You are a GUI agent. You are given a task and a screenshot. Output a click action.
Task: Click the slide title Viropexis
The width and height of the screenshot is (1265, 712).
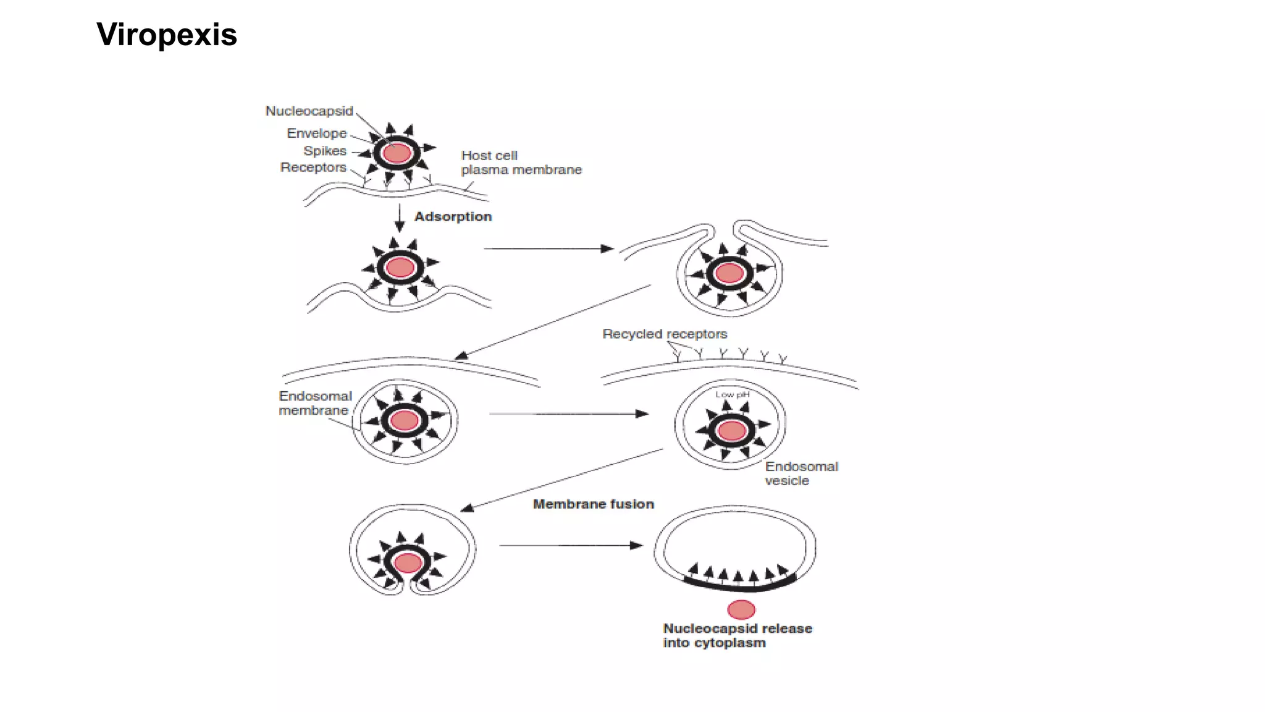(167, 35)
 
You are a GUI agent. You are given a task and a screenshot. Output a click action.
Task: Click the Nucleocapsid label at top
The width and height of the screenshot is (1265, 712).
(309, 111)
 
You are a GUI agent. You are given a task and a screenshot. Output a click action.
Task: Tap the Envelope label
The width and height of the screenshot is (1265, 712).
(316, 133)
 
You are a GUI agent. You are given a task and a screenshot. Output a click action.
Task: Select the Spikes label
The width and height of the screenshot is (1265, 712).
(325, 151)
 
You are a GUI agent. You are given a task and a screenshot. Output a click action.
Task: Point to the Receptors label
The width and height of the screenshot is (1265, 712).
(313, 167)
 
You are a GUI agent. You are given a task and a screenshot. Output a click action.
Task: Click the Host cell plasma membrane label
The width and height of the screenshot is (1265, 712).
(521, 163)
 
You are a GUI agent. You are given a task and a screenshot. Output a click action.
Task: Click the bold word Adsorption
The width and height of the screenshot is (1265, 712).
(453, 217)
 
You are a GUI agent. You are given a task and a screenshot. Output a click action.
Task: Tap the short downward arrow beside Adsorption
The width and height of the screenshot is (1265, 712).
(400, 218)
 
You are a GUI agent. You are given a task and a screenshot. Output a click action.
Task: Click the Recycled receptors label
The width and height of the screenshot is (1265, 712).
(665, 334)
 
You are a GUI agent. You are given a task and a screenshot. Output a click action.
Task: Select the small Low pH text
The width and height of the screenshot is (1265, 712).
(732, 394)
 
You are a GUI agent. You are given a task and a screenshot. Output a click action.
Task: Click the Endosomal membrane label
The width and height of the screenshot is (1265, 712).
(314, 403)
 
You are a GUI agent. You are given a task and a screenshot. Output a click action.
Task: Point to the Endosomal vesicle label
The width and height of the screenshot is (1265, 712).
(801, 473)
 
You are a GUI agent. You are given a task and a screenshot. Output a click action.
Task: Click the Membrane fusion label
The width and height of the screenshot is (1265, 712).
(593, 504)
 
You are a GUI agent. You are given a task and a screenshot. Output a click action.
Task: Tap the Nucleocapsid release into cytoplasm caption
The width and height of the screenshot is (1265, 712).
(737, 635)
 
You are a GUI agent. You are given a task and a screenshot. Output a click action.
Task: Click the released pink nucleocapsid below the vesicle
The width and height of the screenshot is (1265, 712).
(741, 610)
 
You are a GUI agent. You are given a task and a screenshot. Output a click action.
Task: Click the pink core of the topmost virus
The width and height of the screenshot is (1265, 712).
(397, 153)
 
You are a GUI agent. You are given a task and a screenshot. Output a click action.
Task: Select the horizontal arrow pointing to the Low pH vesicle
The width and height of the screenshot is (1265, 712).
(568, 413)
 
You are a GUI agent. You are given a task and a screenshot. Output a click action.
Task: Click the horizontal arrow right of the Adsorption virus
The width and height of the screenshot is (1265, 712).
(548, 248)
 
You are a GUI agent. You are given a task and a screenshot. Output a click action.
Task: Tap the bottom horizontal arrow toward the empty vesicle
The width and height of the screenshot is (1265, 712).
(571, 545)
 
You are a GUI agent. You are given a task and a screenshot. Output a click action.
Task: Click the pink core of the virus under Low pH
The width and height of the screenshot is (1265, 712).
(733, 430)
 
